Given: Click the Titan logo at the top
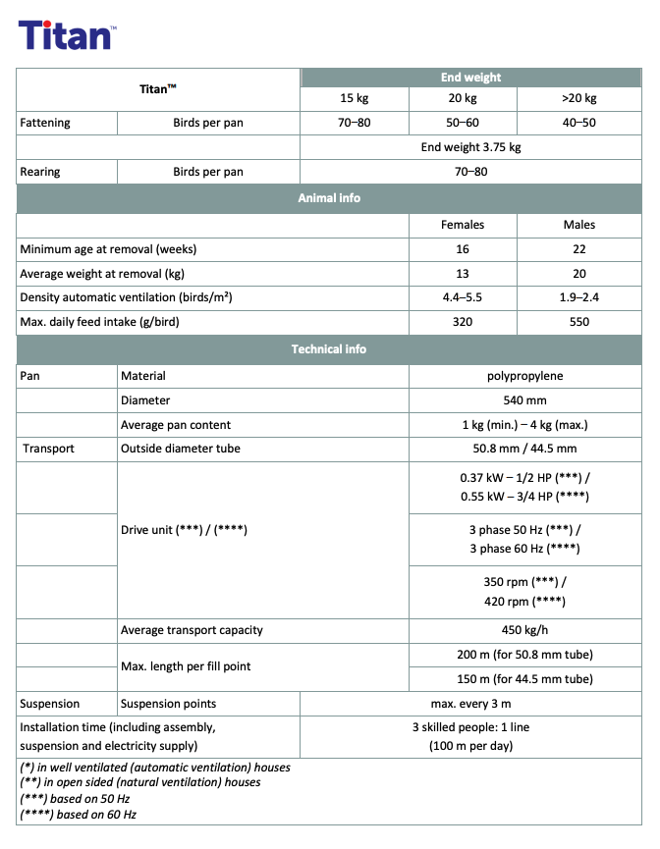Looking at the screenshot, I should click(x=67, y=35).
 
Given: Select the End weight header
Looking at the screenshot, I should click(x=470, y=78).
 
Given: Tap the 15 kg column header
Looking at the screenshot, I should click(x=354, y=99).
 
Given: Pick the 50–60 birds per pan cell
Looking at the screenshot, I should click(x=462, y=124).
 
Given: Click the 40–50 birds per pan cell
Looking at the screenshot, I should click(x=579, y=124).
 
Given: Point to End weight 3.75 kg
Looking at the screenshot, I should click(x=470, y=147).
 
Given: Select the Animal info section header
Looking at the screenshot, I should click(x=329, y=198).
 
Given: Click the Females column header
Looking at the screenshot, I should click(x=463, y=225).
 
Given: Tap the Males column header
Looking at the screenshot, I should click(x=579, y=225).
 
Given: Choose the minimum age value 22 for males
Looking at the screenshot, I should click(x=579, y=249).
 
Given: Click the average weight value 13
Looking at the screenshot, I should click(x=463, y=274).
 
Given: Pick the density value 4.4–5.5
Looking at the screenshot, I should click(x=463, y=297).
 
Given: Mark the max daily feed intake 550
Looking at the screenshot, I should click(x=579, y=322).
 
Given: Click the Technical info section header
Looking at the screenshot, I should click(x=329, y=349).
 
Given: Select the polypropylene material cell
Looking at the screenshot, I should click(x=524, y=376).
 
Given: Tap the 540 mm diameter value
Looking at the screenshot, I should click(x=524, y=400).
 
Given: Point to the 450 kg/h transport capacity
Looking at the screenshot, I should click(x=524, y=630).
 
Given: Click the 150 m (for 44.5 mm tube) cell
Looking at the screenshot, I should click(x=524, y=679).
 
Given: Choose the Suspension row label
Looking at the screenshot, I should click(x=51, y=704).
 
